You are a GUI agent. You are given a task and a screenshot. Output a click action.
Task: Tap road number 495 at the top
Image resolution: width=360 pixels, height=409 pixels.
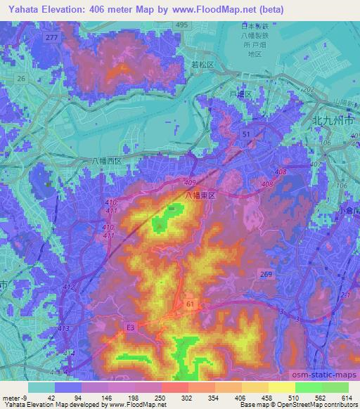(181, 25)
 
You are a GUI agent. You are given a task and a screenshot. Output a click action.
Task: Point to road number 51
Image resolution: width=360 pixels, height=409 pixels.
(245, 133)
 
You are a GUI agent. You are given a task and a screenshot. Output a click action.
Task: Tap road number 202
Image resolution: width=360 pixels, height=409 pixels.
(307, 89)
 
